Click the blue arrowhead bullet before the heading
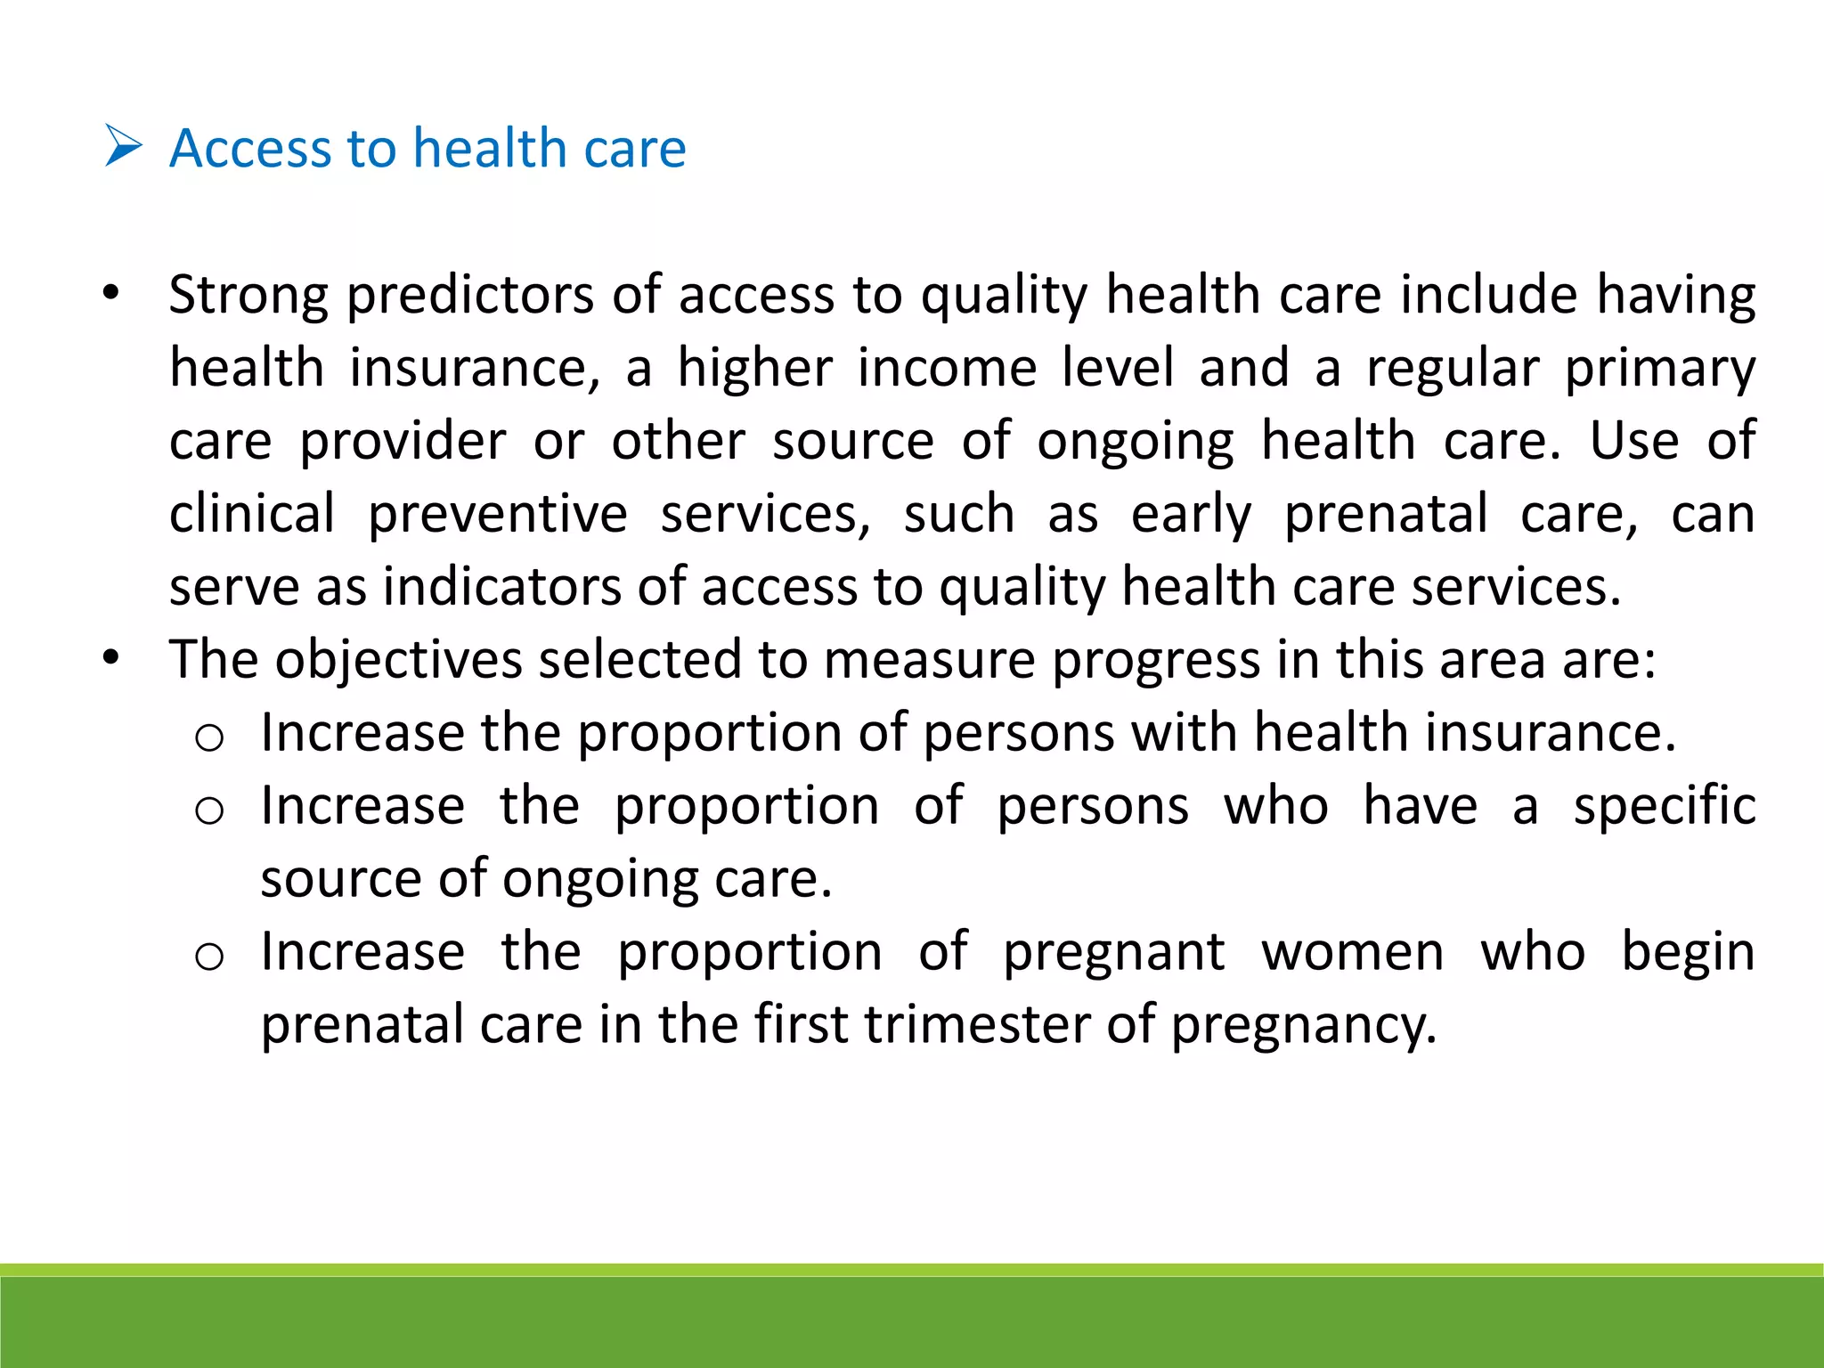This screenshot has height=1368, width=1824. [123, 146]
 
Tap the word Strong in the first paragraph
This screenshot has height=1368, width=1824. [248, 295]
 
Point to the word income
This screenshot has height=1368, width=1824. [947, 368]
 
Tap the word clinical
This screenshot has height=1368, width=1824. [252, 514]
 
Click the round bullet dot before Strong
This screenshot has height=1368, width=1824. [110, 293]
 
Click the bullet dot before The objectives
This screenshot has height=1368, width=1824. [110, 658]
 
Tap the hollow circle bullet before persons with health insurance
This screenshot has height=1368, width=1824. [209, 737]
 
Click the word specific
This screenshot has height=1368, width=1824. [1664, 807]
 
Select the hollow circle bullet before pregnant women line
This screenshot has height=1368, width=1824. [209, 957]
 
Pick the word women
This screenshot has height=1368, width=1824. [1352, 952]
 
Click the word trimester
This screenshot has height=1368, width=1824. [977, 1025]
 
